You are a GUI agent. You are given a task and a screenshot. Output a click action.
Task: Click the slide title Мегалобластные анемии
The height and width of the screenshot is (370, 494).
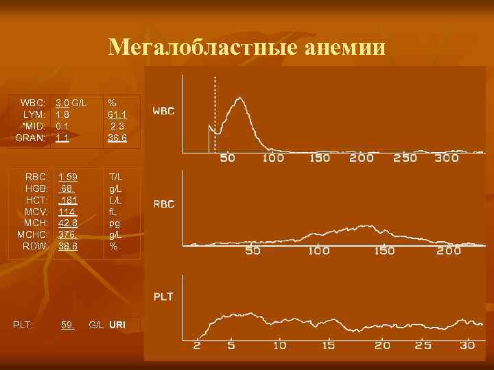point(247,48)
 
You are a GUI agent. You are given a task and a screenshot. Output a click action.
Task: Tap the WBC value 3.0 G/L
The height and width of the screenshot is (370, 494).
point(71,103)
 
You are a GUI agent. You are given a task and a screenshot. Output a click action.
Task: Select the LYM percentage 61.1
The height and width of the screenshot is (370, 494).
point(117,114)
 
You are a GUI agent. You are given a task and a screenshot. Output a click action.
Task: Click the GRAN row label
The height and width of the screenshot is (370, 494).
point(31,138)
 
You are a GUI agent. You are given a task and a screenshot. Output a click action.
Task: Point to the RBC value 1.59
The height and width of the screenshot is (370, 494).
point(67,177)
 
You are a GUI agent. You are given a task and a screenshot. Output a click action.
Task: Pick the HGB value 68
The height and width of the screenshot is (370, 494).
point(67,188)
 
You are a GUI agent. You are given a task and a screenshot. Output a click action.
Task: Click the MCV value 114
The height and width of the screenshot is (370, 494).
point(67,212)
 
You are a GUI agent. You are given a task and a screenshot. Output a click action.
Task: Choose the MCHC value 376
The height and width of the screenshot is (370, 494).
point(67,234)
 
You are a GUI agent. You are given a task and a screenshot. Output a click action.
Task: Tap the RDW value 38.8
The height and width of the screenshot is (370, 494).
point(67,245)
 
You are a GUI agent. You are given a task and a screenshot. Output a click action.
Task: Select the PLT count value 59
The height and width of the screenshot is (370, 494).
point(67,324)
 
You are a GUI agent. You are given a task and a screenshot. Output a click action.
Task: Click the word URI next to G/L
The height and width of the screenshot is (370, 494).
point(117,324)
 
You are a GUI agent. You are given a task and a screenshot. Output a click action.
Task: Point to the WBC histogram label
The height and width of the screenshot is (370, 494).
point(163,110)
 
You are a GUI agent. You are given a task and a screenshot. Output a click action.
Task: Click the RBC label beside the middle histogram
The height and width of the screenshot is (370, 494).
point(163,204)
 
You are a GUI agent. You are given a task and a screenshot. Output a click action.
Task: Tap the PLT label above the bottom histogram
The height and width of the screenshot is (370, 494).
point(163,297)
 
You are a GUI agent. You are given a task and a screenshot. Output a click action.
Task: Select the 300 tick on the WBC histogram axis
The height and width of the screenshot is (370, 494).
point(447,158)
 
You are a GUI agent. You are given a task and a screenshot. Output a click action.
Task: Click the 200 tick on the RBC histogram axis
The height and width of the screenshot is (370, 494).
point(449,251)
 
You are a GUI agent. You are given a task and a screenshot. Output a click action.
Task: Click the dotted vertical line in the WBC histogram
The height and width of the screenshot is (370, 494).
point(215,113)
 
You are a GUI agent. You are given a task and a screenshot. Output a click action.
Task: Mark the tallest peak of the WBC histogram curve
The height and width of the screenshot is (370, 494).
point(239,99)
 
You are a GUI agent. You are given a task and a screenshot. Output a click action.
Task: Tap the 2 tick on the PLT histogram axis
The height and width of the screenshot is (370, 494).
point(197,345)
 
